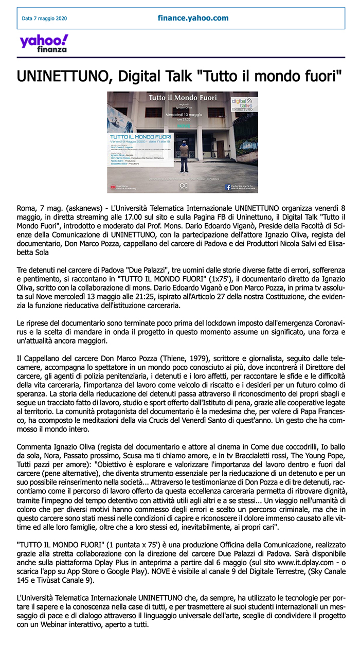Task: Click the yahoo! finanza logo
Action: (x=44, y=43)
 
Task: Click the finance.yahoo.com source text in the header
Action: (x=193, y=18)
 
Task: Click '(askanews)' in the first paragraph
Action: (x=75, y=207)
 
